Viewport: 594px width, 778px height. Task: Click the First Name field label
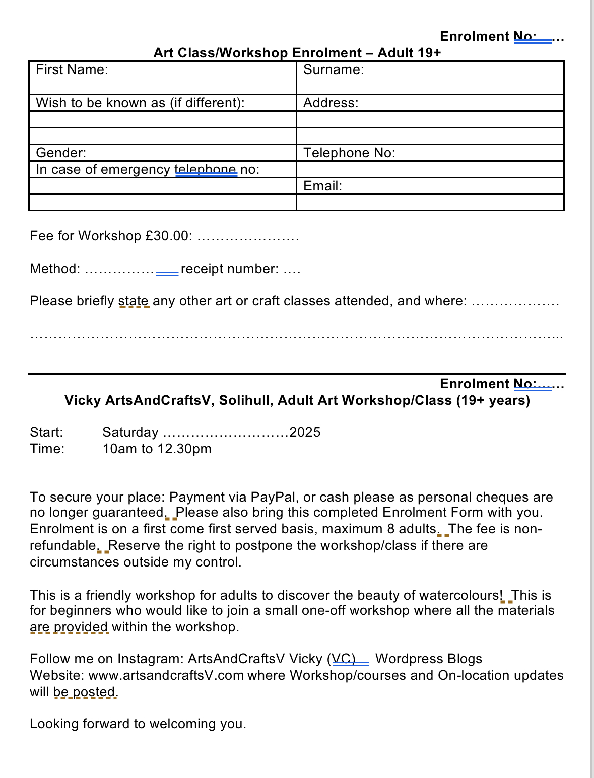pyautogui.click(x=72, y=69)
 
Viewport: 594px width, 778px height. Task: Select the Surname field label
pyautogui.click(x=333, y=69)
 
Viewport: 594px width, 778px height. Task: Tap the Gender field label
pyautogui.click(x=61, y=153)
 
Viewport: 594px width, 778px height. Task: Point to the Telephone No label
pyautogui.click(x=349, y=153)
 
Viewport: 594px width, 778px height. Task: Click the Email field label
pyautogui.click(x=322, y=186)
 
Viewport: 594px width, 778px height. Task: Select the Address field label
pyautogui.click(x=331, y=103)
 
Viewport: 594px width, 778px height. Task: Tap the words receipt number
pyautogui.click(x=229, y=269)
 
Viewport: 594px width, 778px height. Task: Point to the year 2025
pyautogui.click(x=305, y=432)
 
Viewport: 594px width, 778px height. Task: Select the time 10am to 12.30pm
pyautogui.click(x=157, y=449)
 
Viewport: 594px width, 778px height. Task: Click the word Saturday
pyautogui.click(x=130, y=432)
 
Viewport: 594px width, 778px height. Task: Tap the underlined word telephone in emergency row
pyautogui.click(x=206, y=169)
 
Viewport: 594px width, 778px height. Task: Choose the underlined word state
pyautogui.click(x=134, y=301)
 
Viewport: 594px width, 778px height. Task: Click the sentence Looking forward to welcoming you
pyautogui.click(x=138, y=724)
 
